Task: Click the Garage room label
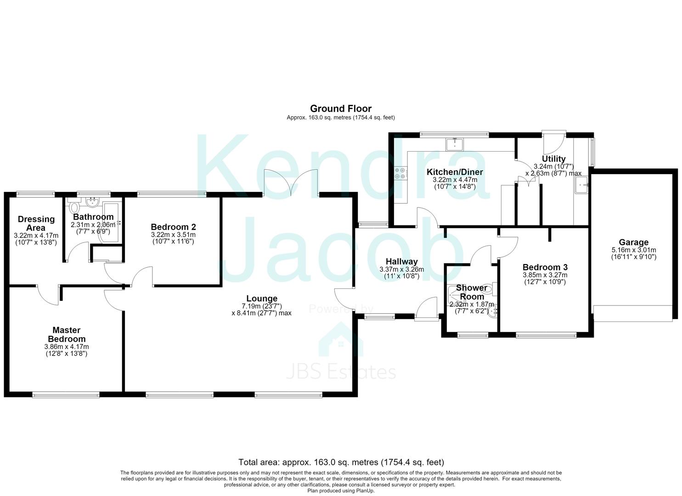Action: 634,242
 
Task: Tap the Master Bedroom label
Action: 67,334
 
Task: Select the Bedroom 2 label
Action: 173,227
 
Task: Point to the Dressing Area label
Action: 36,223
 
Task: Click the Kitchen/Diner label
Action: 455,172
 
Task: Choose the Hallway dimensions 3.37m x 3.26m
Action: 401,270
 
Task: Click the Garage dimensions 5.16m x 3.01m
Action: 634,250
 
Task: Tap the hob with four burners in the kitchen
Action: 400,173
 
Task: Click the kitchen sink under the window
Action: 455,144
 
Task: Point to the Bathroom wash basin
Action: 92,202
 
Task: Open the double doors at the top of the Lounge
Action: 291,182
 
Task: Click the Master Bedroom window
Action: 66,395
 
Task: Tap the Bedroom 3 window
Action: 546,335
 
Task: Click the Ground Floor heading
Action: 341,109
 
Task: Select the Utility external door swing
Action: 554,143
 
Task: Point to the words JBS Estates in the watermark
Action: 341,372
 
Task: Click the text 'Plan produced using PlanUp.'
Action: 341,490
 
